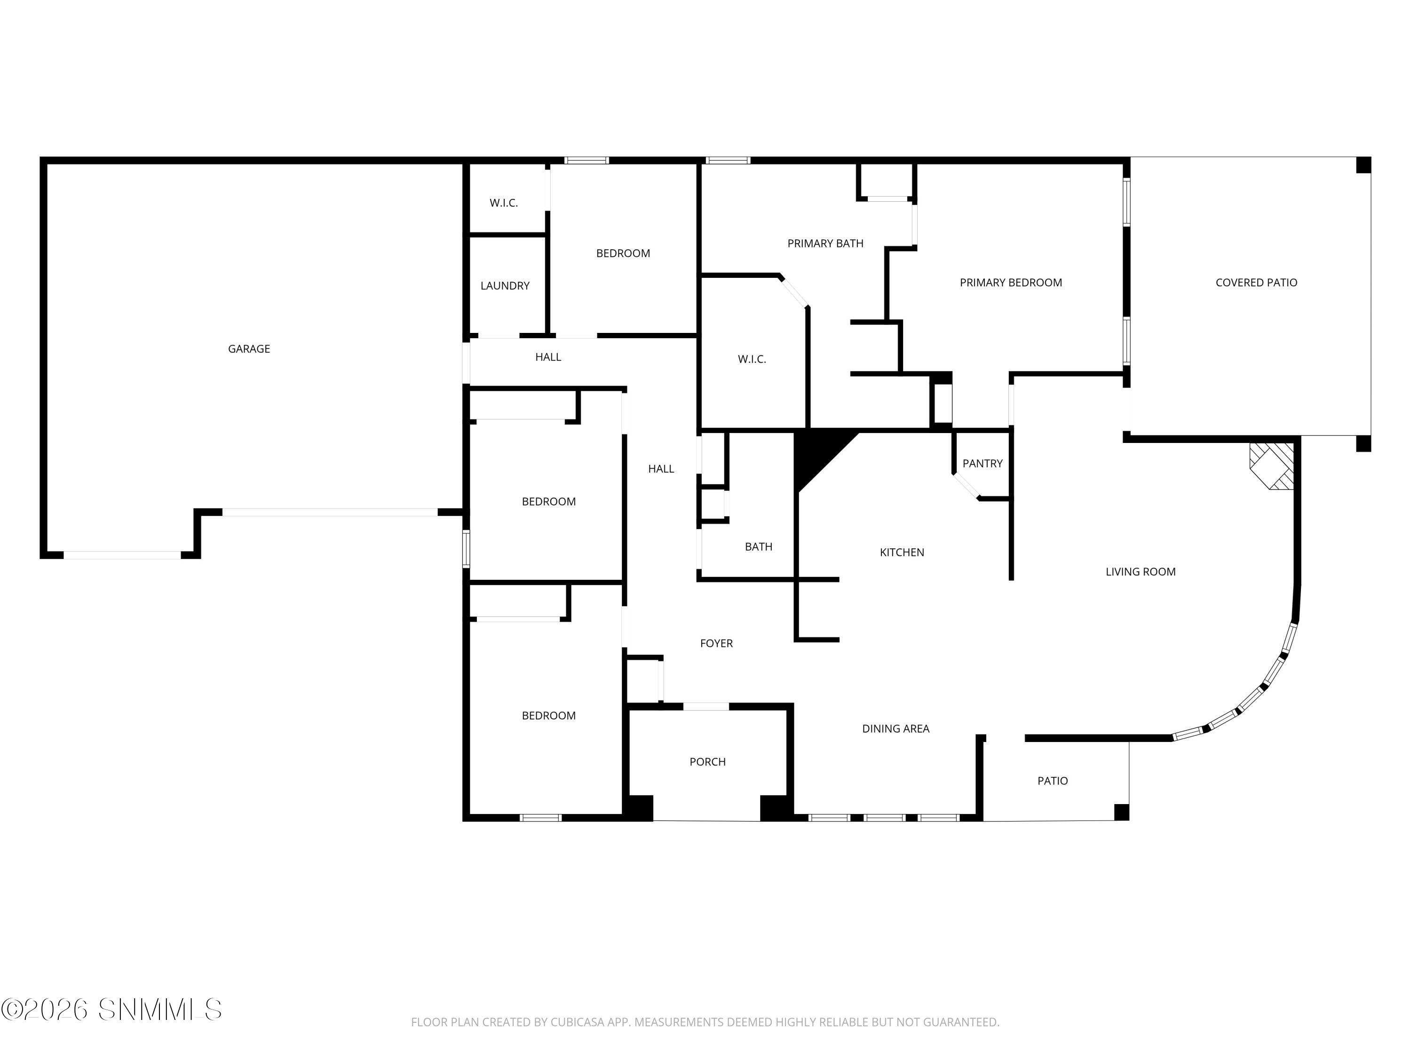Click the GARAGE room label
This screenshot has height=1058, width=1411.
[x=249, y=349]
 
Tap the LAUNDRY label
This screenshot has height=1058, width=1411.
[x=505, y=286]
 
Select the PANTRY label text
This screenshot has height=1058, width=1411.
[x=983, y=464]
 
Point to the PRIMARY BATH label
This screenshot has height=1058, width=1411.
[x=825, y=244]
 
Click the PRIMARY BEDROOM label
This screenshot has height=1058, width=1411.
[x=1010, y=283]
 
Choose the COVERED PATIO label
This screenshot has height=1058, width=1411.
[x=1256, y=283]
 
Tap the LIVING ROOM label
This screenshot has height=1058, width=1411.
[x=1140, y=572]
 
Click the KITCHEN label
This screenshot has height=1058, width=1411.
[x=901, y=553]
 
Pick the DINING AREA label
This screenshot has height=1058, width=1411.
[x=896, y=729]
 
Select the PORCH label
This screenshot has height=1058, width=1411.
[x=707, y=762]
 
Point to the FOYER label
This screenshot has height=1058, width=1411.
[x=716, y=643]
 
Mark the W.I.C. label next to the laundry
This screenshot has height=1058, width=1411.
[x=503, y=203]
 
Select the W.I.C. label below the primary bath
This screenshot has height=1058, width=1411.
[x=752, y=360]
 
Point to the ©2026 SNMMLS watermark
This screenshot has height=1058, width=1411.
[x=111, y=1010]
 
